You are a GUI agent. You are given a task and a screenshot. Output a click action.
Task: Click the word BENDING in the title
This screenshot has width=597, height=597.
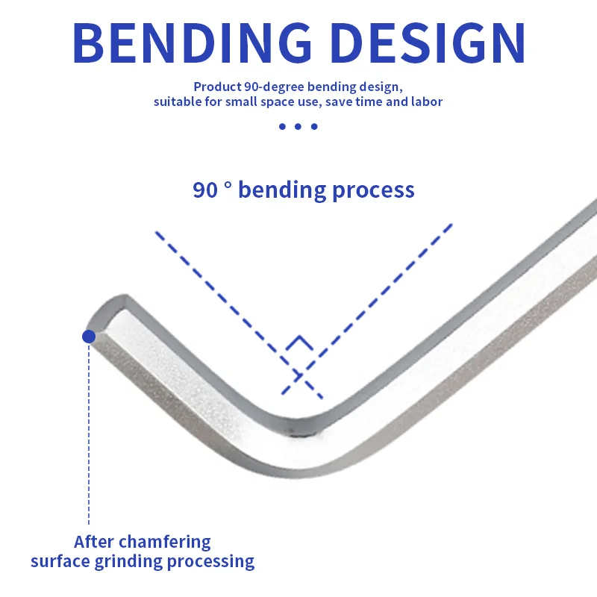coord(192,43)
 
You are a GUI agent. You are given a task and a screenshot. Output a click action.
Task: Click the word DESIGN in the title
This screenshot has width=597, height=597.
coord(428,43)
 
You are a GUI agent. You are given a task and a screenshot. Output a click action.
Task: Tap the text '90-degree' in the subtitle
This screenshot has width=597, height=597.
coord(274,87)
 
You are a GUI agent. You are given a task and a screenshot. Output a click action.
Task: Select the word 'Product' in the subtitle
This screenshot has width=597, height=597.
coord(217,87)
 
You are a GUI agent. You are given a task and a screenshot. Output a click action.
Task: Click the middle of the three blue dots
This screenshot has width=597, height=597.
coord(298,126)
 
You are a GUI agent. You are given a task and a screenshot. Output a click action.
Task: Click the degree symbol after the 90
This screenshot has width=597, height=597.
coord(228,184)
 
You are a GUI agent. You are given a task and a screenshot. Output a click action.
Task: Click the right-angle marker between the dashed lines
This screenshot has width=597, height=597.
coord(300,343)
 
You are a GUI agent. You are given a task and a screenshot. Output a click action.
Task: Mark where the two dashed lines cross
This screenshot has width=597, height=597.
coord(300,376)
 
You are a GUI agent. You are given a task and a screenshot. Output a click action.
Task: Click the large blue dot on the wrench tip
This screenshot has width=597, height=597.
coord(89,337)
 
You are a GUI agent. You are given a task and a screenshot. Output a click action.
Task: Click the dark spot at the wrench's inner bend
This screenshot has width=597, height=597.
coord(293,432)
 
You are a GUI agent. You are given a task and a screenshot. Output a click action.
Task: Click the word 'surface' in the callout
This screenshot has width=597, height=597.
coord(60,561)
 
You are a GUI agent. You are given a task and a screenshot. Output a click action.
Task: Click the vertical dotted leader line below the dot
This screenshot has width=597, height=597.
coord(89,434)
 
